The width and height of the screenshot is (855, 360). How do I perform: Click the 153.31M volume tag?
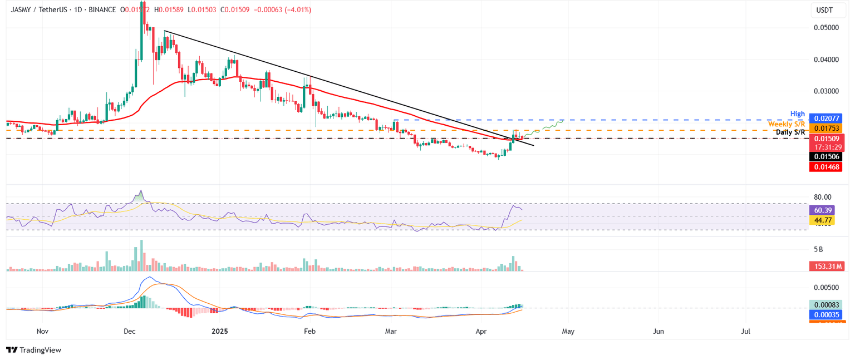coord(825,267)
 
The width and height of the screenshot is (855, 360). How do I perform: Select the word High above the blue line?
coord(798,114)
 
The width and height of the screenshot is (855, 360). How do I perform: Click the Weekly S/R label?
coord(787,124)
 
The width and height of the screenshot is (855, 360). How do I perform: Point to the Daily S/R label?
coord(790,132)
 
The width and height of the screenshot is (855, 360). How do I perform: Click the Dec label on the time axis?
coord(130,331)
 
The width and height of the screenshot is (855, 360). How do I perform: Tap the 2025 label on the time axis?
coord(220,331)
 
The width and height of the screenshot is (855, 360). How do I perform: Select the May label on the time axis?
coord(568,331)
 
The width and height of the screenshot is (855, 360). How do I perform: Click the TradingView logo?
coord(34,350)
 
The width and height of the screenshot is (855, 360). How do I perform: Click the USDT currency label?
coord(824,10)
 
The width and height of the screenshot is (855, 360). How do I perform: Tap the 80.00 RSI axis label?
coord(823,197)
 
